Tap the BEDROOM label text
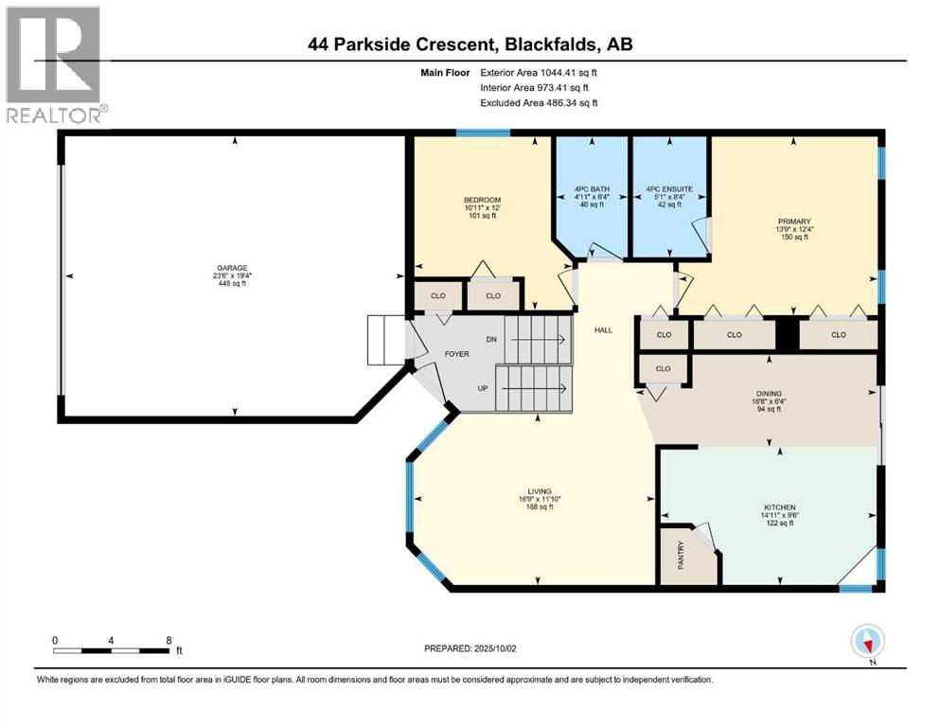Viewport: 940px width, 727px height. tap(480, 200)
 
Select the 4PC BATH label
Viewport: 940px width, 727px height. tap(589, 188)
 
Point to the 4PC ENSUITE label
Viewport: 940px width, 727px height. tap(669, 188)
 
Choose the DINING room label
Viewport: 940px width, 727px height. tap(768, 394)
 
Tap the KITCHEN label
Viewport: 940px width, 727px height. tap(779, 507)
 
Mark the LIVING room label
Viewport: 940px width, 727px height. tap(536, 490)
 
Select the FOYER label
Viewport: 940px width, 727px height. tap(458, 354)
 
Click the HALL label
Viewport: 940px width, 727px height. tap(603, 330)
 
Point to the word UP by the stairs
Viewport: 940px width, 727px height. tap(482, 389)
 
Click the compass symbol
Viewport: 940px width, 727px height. tap(867, 642)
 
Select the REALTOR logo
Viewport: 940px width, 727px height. tap(54, 65)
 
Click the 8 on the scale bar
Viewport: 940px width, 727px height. tap(168, 640)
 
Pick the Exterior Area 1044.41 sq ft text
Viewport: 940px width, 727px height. tap(539, 72)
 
